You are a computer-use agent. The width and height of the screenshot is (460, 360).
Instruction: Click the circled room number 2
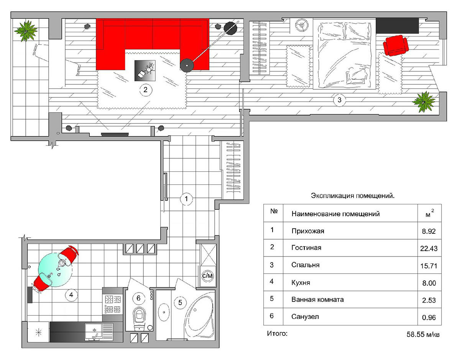(x=145, y=90)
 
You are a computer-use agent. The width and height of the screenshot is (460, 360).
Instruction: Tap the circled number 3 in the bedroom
(x=339, y=100)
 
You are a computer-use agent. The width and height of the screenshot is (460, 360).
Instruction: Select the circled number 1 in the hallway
(x=186, y=199)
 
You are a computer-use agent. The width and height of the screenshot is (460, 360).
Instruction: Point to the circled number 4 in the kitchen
(x=71, y=295)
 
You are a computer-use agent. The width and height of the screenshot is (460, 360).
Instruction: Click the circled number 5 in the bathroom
(x=180, y=302)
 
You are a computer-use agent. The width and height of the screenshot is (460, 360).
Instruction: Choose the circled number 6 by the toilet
(x=138, y=298)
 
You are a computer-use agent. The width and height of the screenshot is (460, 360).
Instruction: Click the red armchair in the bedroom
(x=396, y=45)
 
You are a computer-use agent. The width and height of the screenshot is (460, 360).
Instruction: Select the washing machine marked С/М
(x=207, y=276)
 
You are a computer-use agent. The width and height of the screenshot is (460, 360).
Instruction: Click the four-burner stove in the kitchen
(x=113, y=304)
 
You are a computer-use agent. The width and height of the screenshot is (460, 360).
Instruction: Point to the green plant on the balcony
(x=26, y=31)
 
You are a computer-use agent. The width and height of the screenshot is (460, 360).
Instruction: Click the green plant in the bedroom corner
(x=424, y=102)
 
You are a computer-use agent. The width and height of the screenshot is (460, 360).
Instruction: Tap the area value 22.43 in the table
(x=429, y=248)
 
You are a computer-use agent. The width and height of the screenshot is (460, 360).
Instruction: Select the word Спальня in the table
(x=305, y=265)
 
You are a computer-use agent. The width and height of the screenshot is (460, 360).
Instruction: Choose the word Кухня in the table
(x=301, y=283)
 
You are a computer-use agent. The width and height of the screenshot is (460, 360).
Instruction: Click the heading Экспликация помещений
(x=353, y=196)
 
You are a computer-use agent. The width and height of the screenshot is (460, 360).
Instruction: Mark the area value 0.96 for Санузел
(x=429, y=317)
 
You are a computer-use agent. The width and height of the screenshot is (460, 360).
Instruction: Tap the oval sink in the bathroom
(x=164, y=312)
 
